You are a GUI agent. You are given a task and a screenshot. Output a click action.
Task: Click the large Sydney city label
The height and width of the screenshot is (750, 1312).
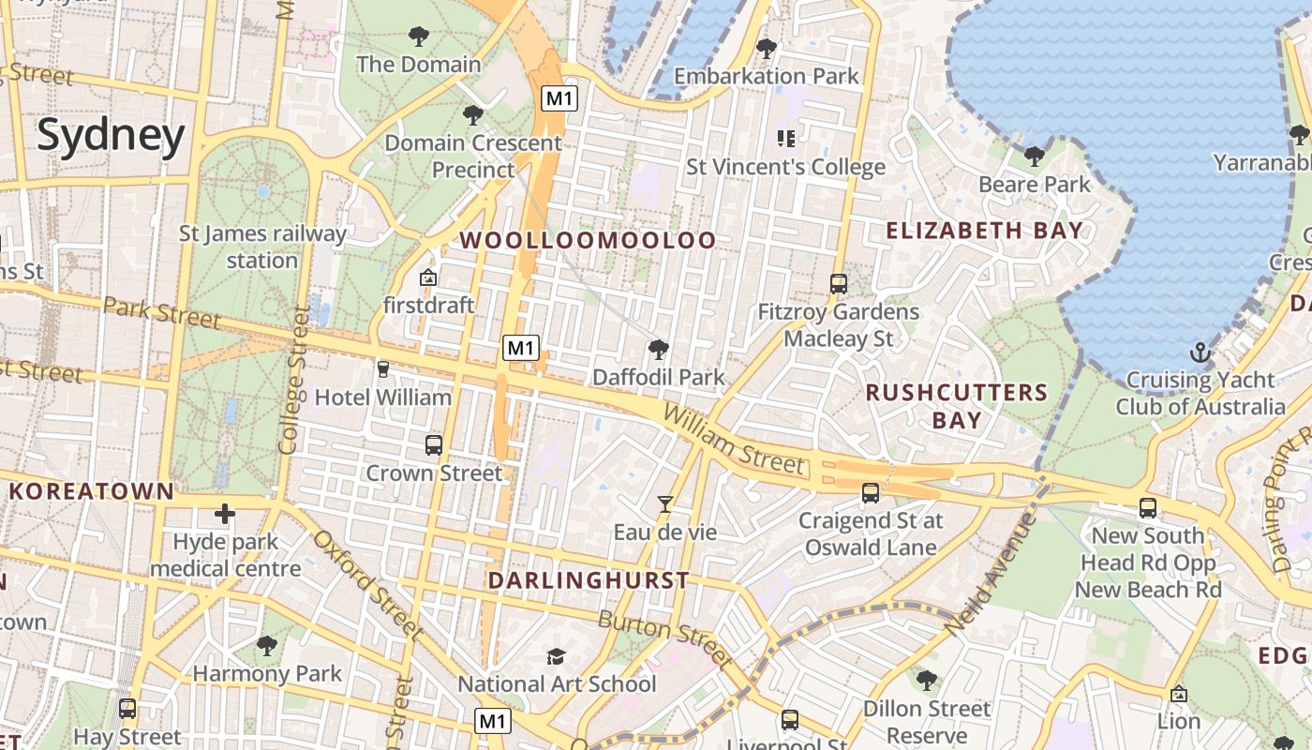(x=111, y=136)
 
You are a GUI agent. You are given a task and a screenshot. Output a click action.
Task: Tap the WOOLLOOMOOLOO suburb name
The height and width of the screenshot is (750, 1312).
(x=588, y=240)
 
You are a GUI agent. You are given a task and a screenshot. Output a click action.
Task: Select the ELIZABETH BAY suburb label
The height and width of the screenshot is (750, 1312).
(x=984, y=231)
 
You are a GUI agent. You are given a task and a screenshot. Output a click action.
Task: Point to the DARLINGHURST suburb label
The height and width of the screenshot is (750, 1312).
(x=589, y=580)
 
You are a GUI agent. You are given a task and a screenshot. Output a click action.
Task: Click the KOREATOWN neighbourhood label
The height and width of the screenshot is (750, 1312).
(x=92, y=490)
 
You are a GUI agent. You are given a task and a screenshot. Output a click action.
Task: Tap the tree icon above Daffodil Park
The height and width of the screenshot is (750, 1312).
(x=659, y=350)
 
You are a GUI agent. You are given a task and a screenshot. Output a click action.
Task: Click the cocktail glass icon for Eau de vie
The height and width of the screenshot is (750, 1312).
(x=664, y=504)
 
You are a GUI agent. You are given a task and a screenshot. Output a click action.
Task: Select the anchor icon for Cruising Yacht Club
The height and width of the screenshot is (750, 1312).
(x=1200, y=353)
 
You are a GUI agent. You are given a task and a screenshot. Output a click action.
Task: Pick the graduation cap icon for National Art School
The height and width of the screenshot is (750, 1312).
(x=557, y=656)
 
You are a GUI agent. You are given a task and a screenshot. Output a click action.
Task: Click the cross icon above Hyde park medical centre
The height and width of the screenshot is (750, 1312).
(x=225, y=514)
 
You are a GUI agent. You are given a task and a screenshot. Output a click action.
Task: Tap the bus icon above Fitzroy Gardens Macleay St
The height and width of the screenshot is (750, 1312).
(x=839, y=283)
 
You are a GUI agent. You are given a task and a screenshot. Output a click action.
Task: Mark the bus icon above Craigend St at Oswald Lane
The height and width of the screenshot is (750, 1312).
(x=871, y=492)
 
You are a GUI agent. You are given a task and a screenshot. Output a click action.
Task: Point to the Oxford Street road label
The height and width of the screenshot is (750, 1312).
(x=366, y=585)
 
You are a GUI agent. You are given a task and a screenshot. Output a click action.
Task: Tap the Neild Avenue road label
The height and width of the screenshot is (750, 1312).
(x=991, y=574)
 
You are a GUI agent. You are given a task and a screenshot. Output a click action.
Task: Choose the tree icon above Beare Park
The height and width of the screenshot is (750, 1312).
(x=1035, y=156)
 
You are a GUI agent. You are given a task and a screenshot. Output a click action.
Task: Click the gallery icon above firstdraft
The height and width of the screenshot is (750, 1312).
(x=428, y=277)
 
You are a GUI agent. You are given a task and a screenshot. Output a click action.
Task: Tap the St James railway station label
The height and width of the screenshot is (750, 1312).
(x=262, y=247)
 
